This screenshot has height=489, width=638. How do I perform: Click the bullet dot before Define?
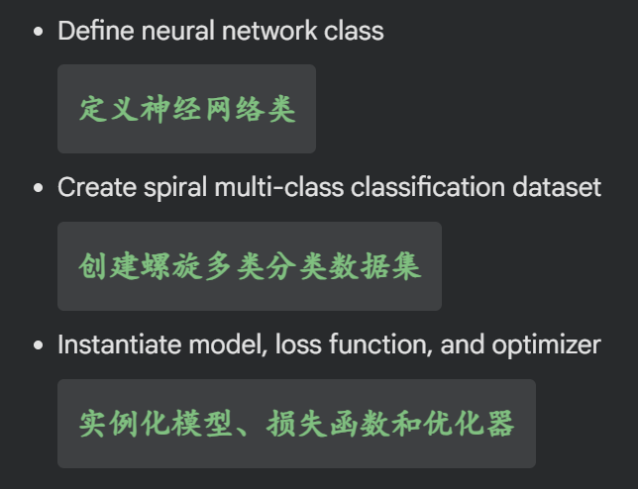pyautogui.click(x=39, y=32)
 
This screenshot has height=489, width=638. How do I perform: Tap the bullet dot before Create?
pyautogui.click(x=39, y=188)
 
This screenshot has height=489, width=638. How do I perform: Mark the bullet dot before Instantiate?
pyautogui.click(x=39, y=345)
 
